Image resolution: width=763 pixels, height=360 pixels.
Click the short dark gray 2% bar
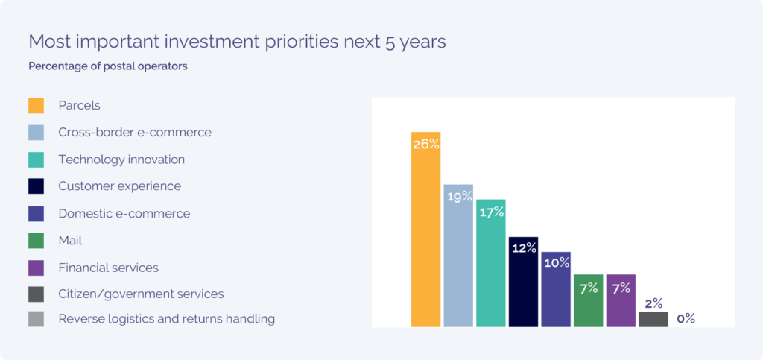[653, 319]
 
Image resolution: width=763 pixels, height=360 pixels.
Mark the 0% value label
[686, 318]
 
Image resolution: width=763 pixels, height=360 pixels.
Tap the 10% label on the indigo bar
[556, 262]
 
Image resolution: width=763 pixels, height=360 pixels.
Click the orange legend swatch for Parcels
[36, 106]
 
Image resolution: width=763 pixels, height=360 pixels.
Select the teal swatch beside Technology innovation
[36, 160]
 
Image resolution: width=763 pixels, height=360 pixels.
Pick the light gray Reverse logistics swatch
[36, 319]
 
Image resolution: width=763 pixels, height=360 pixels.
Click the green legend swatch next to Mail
[36, 241]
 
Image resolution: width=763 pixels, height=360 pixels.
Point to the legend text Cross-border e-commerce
[135, 133]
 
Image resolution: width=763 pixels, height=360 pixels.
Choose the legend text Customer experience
[120, 186]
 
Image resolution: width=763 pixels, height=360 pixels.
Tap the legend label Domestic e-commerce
[124, 214]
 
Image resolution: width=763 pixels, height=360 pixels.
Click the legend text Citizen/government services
[141, 294]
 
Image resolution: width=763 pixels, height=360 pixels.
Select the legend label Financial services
[109, 268]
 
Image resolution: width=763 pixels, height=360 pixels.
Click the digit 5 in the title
[390, 42]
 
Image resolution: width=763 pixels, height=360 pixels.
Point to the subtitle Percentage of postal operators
[108, 66]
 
